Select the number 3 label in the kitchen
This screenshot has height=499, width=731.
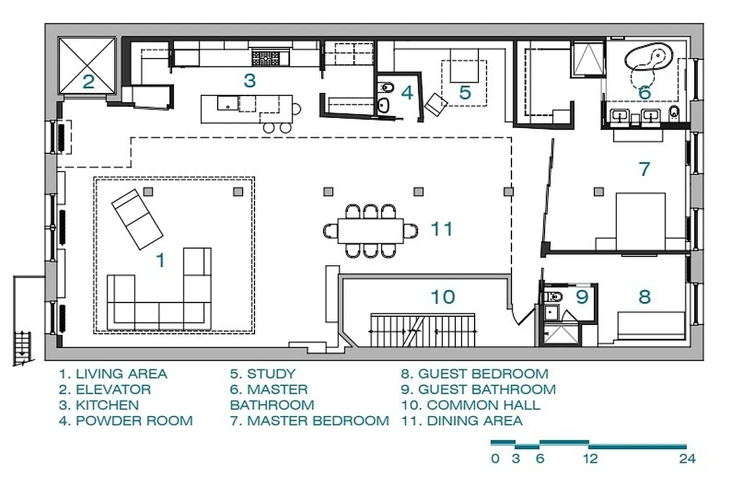point(249,80)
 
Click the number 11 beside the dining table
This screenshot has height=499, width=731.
point(441,230)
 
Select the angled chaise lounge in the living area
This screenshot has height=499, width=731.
point(137,218)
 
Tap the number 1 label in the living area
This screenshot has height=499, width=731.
point(160,260)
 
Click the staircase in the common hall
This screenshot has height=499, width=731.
point(424,329)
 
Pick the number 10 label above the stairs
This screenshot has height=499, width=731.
point(443,296)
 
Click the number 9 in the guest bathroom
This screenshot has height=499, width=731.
point(581,297)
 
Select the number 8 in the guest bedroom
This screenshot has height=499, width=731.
point(644,296)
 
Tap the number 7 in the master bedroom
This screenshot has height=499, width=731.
point(644,168)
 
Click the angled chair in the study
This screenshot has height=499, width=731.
point(436,104)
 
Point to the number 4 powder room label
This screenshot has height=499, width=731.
point(407,93)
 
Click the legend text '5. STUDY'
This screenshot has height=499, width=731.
point(263,374)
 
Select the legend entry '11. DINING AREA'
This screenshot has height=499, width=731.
point(462,421)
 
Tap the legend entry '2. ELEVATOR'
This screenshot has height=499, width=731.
point(105,390)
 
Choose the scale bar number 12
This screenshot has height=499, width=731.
point(590,459)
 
